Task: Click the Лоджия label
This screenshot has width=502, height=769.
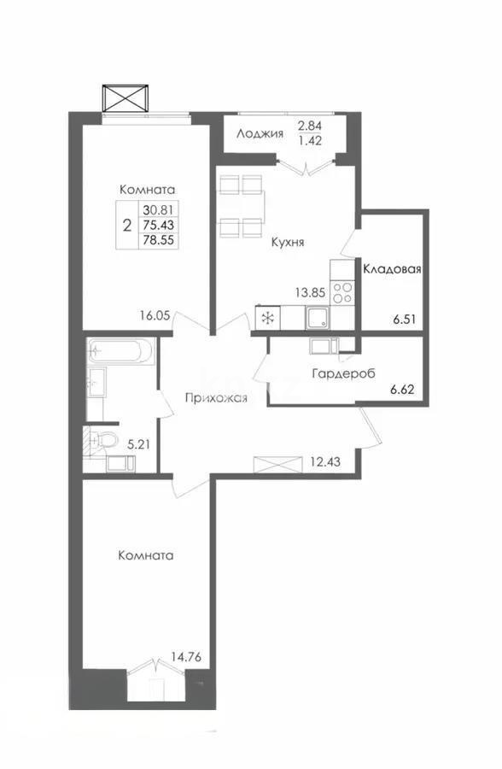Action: click(x=260, y=133)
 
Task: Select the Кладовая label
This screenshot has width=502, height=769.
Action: click(x=393, y=269)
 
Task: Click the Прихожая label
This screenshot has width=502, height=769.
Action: click(x=218, y=398)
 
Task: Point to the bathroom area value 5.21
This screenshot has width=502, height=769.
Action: click(x=138, y=444)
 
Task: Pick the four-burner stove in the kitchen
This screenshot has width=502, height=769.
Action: click(x=342, y=292)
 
